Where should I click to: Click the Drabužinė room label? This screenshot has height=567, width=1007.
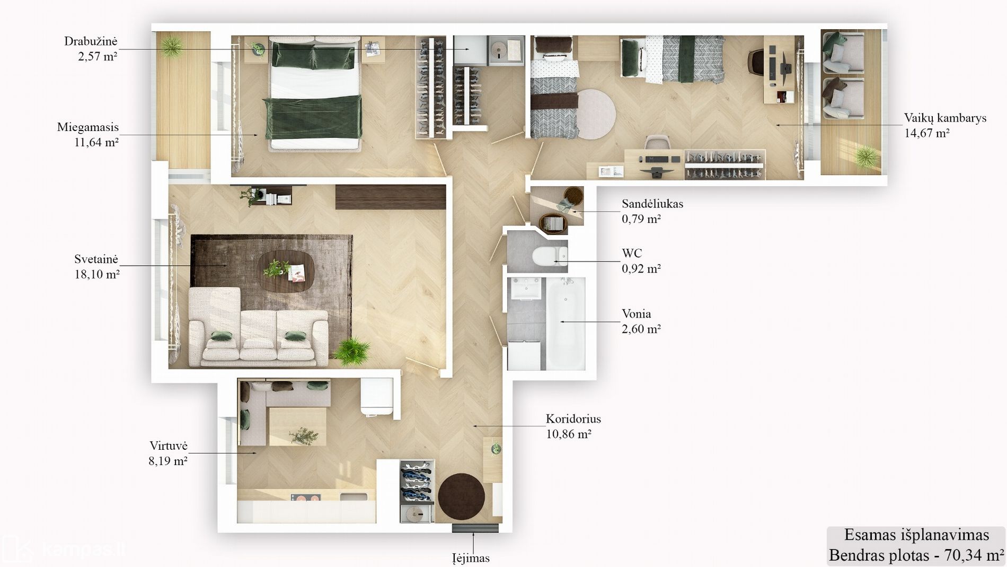pos(91,41)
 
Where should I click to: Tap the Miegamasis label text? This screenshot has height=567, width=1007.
pos(88,127)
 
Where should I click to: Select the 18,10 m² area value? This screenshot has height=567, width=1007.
pos(97,274)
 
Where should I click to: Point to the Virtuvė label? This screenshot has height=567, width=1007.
pos(169,446)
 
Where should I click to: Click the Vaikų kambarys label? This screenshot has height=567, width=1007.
pos(945,118)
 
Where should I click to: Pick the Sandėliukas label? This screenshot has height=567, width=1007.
pos(652,204)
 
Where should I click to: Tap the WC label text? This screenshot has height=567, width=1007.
pos(632,254)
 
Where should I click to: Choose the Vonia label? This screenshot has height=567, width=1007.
pos(637,314)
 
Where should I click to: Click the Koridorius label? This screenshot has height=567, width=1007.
pos(573,419)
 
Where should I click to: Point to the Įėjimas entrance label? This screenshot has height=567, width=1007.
pos(471,558)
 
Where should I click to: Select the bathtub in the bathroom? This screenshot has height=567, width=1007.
pos(566,324)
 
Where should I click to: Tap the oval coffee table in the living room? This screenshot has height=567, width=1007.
pos(286,271)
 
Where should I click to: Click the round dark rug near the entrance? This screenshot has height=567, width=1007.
pos(461,497)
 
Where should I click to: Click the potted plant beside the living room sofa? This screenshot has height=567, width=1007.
pos(351,351)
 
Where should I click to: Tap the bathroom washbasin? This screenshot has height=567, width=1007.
pos(526,289)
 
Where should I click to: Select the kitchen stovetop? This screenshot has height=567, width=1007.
pos(306,498)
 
